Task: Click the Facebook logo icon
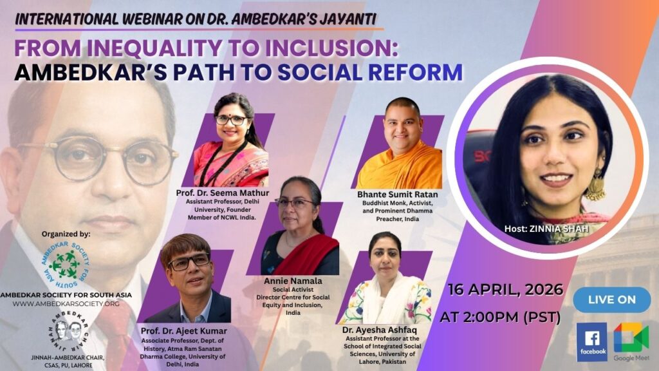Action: click(592, 341)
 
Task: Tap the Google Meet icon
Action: click(631, 338)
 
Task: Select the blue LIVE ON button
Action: click(611, 300)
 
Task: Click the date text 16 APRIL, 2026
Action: click(505, 290)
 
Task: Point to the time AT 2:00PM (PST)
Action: click(500, 317)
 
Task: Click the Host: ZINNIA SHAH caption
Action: click(546, 229)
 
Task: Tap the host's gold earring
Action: click(595, 185)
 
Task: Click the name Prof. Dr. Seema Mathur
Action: click(222, 193)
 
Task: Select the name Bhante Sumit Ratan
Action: click(397, 195)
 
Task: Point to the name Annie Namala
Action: click(293, 281)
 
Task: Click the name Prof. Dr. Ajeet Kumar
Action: click(183, 331)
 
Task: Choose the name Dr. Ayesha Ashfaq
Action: click(380, 330)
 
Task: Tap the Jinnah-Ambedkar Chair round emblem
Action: click(68, 331)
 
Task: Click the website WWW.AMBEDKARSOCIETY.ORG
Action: click(66, 304)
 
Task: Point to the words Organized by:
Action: click(66, 234)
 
